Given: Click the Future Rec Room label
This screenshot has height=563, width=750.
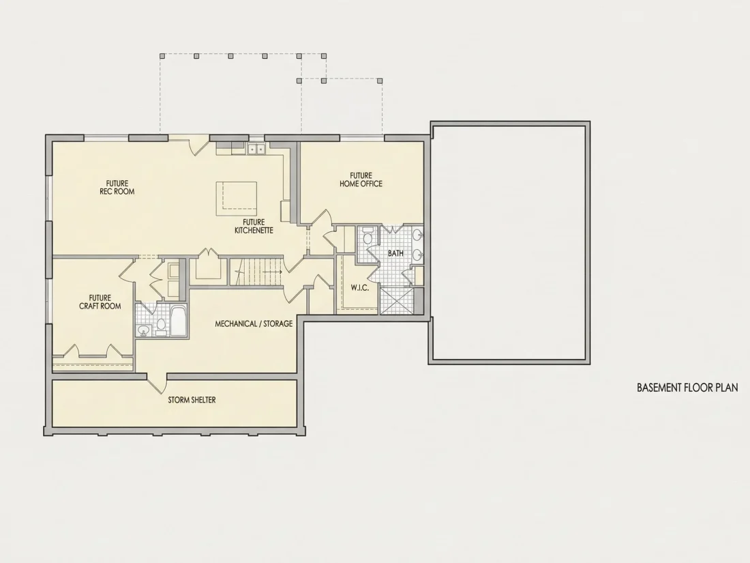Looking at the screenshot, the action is point(117,187).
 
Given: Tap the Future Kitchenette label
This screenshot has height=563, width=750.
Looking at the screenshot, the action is point(254,226).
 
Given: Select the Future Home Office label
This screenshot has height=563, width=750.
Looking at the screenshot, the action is point(361,179).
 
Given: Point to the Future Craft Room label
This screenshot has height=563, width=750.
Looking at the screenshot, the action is point(100,302).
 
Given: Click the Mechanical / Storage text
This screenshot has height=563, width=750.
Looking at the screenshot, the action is point(254,323).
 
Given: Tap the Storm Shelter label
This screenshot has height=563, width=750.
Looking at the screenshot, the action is point(192,400).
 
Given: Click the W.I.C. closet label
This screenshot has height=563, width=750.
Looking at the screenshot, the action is point(360,288).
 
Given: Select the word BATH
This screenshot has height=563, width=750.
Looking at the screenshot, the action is point(395,253).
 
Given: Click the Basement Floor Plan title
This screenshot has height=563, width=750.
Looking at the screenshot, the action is point(687,388).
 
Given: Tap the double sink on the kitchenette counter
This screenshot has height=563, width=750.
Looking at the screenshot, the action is point(256,149).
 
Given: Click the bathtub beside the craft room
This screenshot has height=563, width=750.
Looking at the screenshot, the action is point(179,321).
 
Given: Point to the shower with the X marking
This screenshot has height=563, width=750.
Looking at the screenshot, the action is point(397,300).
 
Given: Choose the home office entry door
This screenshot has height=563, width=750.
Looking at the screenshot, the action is point(321,217).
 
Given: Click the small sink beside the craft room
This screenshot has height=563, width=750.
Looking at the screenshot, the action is point(143,330).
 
